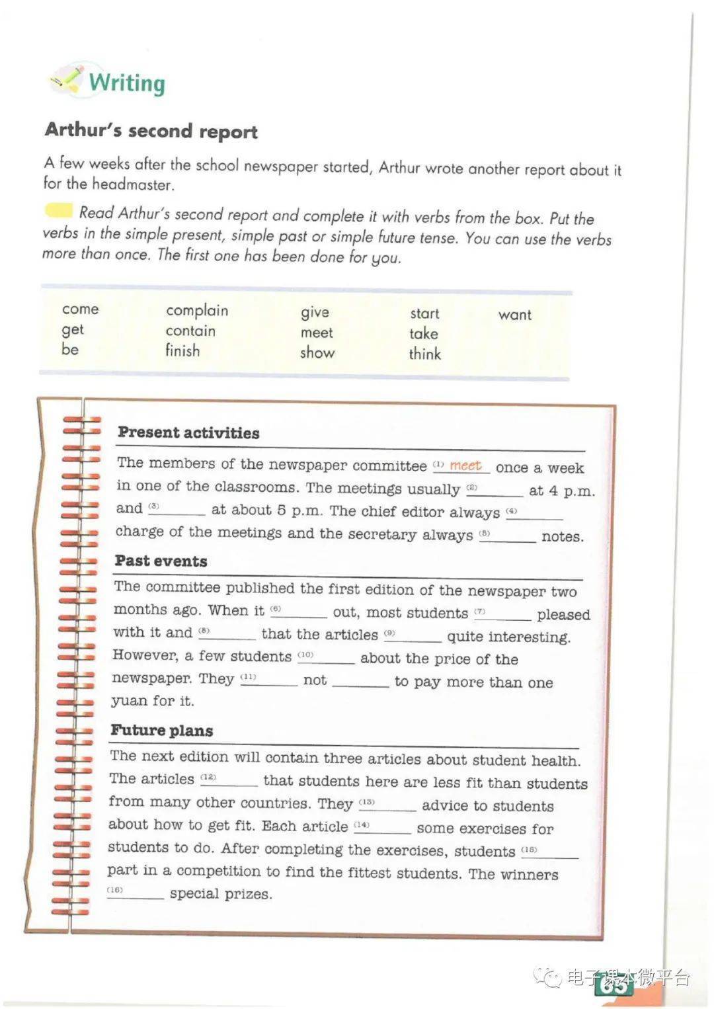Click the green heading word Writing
(127, 83)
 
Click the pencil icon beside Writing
(68, 79)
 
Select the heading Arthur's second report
(151, 131)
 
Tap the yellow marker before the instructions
(58, 211)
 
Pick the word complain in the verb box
(196, 310)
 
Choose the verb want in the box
(514, 315)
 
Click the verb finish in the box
(182, 350)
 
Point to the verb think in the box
(424, 354)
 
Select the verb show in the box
(317, 352)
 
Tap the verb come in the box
(80, 309)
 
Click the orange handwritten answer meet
(465, 465)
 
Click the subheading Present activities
(188, 433)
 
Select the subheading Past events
(161, 561)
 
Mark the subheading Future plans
(161, 731)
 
